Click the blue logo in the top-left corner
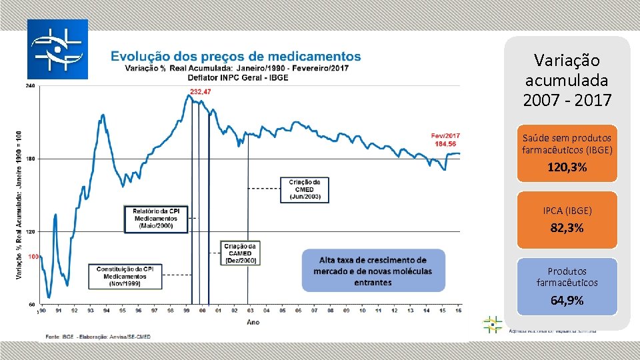point(57,49)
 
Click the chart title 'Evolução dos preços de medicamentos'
point(235,57)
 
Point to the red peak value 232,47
point(200,91)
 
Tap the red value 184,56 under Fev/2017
point(445,144)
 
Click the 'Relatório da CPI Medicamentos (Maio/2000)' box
point(156,219)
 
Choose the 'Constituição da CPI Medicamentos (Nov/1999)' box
point(125,276)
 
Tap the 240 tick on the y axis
point(31,86)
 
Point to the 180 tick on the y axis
point(31,159)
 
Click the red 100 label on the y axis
point(32,256)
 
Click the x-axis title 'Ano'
point(253,321)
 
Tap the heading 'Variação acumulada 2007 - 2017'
point(567,81)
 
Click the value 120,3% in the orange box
point(567,167)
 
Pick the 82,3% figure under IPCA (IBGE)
point(567,228)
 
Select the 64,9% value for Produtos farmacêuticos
point(567,300)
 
